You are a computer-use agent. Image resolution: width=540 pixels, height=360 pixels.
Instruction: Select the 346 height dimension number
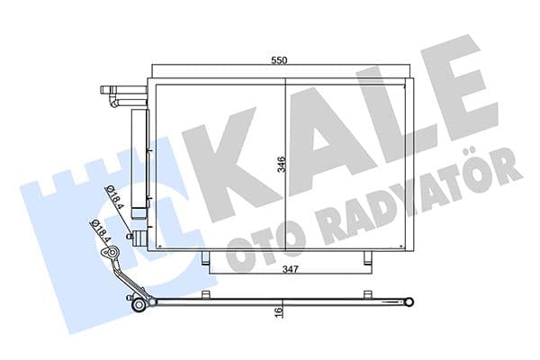click(x=281, y=165)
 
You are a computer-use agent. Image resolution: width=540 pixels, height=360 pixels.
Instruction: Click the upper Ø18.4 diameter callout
click(x=112, y=193)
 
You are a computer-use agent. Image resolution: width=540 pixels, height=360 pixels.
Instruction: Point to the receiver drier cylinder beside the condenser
click(x=139, y=162)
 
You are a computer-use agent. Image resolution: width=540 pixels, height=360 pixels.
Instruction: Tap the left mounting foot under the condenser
click(x=209, y=259)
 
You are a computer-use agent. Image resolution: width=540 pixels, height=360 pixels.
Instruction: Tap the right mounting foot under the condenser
click(x=366, y=259)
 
